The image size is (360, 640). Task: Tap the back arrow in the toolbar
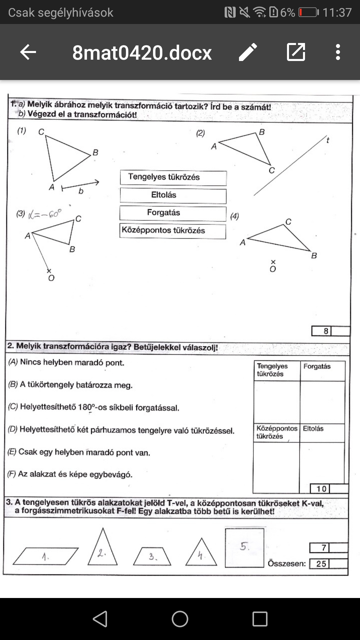click(x=28, y=52)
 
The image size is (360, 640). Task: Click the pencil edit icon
click(x=248, y=52)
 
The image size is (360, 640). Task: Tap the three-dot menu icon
click(x=338, y=52)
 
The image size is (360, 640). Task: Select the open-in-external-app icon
click(x=296, y=52)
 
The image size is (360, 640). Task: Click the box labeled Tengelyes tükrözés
click(x=173, y=178)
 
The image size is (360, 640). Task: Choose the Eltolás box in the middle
click(x=173, y=196)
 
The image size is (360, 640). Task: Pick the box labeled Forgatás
click(x=173, y=213)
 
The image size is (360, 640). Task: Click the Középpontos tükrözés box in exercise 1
click(x=173, y=231)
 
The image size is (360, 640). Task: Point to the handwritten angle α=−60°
click(x=45, y=214)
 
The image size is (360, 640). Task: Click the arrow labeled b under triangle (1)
click(x=80, y=185)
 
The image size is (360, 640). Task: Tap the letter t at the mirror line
click(x=328, y=140)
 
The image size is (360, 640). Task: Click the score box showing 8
click(x=326, y=331)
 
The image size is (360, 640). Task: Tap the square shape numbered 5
click(x=244, y=548)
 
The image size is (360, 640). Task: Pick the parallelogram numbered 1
click(x=46, y=556)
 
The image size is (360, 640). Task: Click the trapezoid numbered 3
click(x=152, y=556)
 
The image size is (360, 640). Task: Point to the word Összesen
click(x=287, y=564)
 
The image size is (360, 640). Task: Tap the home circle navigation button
click(x=180, y=619)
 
